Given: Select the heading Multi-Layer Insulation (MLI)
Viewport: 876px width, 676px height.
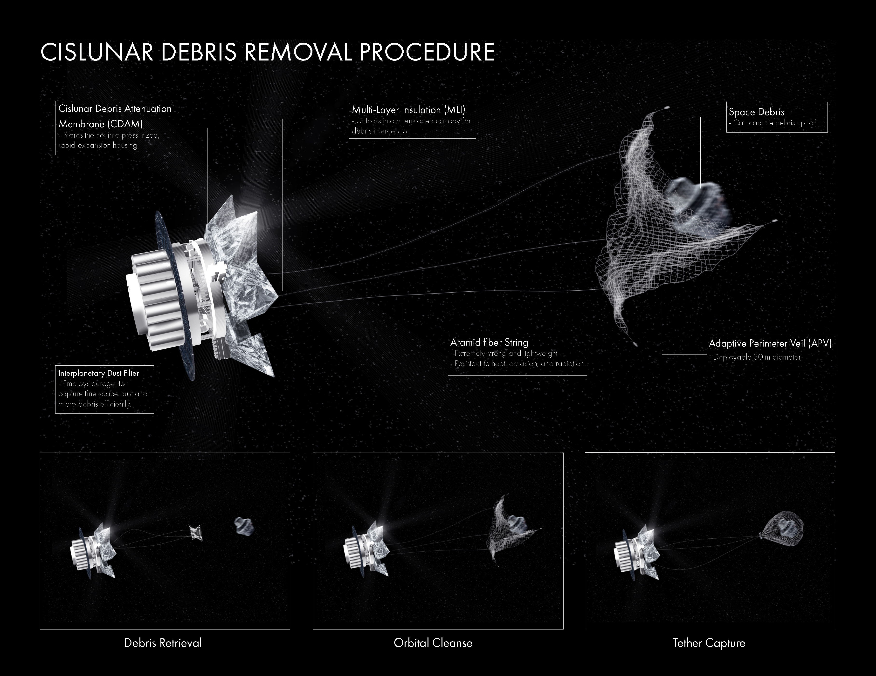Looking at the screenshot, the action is pyautogui.click(x=408, y=110).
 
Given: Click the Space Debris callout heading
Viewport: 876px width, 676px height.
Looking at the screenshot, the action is pyautogui.click(x=756, y=112).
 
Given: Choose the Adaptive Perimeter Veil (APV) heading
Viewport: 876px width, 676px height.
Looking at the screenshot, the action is pyautogui.click(x=770, y=343).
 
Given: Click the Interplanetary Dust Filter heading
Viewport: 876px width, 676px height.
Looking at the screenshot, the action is pyautogui.click(x=99, y=373).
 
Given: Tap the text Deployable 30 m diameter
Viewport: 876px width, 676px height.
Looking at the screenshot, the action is pyautogui.click(x=757, y=357).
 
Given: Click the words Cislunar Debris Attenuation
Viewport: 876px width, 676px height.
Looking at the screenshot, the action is pyautogui.click(x=115, y=109).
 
